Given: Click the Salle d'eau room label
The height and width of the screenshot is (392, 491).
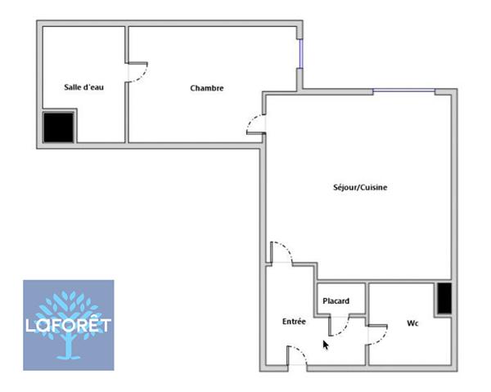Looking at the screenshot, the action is (83, 87).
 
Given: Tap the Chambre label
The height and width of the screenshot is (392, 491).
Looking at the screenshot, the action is (207, 88).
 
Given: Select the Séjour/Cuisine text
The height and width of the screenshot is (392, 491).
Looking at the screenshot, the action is (360, 187).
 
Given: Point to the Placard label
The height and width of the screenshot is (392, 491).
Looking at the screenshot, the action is (336, 301).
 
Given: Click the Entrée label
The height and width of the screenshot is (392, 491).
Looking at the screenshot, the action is (294, 321).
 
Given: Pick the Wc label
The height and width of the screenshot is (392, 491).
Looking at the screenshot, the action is (412, 323).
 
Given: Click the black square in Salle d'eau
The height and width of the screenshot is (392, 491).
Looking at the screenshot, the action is (59, 127).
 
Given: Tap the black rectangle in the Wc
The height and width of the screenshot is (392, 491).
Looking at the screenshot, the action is (444, 298).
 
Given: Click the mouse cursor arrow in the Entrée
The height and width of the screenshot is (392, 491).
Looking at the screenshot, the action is (326, 345).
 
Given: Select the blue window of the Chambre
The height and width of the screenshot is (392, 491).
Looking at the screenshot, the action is (300, 53).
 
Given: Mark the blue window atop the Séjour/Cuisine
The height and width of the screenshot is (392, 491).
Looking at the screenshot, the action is (404, 91).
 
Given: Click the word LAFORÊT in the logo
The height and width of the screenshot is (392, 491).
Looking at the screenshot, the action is (68, 325).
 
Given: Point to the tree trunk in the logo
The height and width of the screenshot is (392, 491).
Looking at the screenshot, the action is (68, 347).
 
